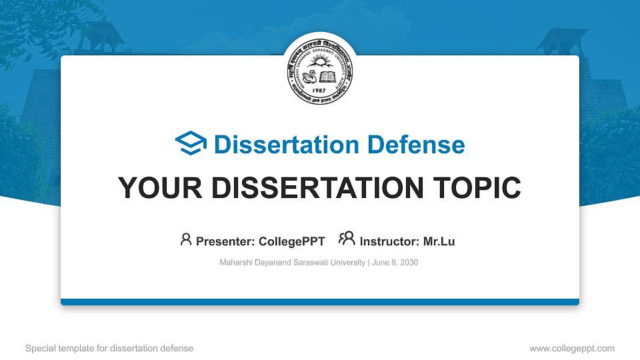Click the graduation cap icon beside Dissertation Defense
point(191,144)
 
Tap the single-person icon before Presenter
point(186,239)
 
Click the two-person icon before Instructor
point(347,239)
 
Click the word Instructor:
point(390,241)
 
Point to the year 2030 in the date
point(407,263)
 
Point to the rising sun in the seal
point(319,63)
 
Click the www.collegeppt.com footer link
point(572,348)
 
